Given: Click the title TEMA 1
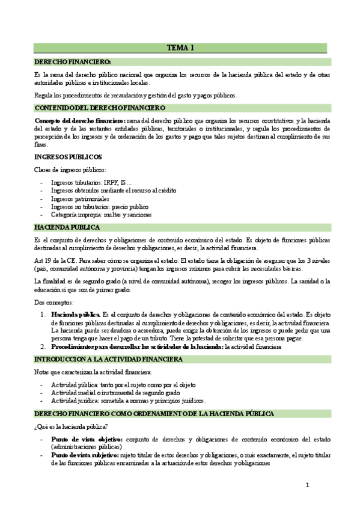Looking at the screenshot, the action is point(180,48).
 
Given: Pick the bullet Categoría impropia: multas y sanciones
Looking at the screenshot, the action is point(101,215).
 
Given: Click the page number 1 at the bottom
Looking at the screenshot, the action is point(307,485).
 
